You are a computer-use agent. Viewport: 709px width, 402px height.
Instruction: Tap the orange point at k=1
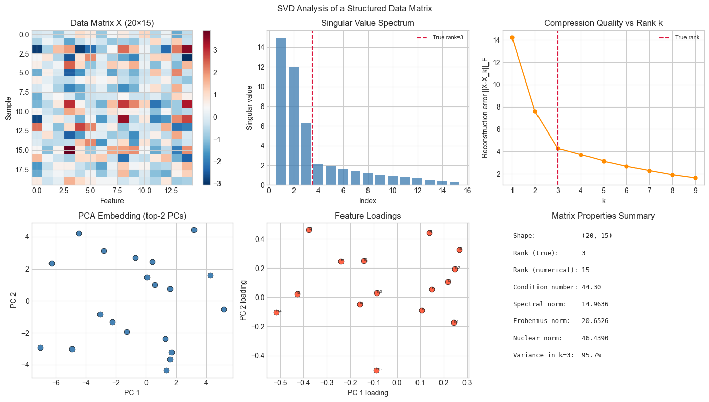511,37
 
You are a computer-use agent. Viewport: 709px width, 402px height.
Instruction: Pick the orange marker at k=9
695,178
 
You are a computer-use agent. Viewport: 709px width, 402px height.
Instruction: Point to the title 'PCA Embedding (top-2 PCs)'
132,216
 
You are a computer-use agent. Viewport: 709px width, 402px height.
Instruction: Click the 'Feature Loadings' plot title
368,216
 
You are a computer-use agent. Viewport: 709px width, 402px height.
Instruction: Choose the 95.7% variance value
591,355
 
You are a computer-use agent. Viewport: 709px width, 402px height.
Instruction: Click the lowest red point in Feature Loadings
376,370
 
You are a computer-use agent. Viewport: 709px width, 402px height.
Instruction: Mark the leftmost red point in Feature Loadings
276,312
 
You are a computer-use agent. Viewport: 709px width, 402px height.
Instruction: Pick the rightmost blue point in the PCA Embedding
224,309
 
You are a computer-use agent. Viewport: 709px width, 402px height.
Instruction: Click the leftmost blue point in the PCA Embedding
40,347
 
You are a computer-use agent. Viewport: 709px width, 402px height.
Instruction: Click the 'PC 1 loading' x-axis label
368,393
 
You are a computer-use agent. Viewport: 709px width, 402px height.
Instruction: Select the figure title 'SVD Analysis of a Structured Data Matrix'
354,8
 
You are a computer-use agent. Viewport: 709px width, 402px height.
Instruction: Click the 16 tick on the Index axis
468,191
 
